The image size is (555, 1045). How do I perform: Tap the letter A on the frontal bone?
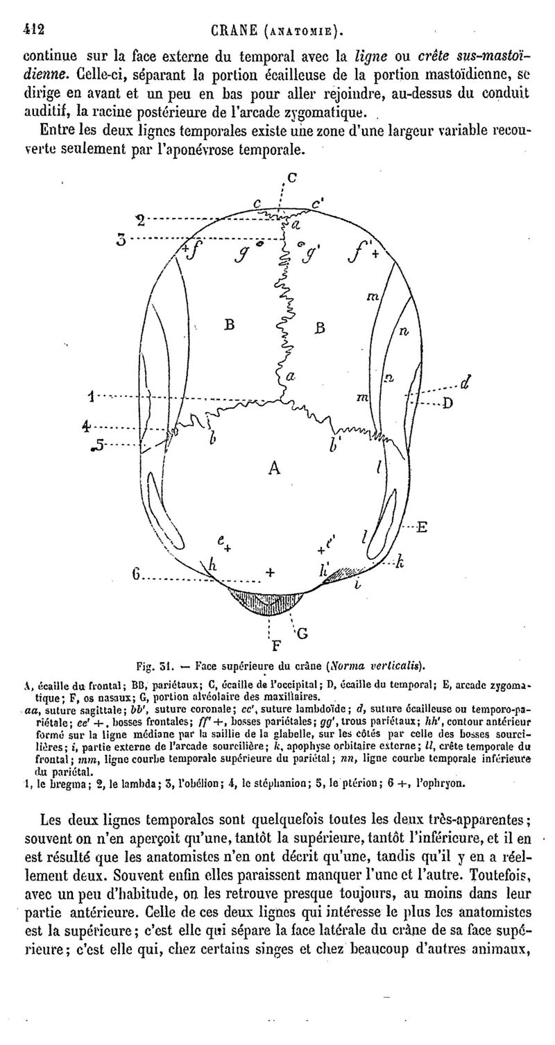[275, 468]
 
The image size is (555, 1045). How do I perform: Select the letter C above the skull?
[291, 177]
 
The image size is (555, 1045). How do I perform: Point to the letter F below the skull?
[275, 645]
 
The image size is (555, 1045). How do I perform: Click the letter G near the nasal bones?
[302, 633]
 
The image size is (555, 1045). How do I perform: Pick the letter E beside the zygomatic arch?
[421, 527]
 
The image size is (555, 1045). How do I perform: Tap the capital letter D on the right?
[448, 403]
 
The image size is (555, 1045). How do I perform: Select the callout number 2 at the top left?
[140, 221]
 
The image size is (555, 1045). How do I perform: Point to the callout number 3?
[121, 240]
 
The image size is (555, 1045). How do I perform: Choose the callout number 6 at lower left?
[137, 575]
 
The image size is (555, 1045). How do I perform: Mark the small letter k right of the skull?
[400, 563]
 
